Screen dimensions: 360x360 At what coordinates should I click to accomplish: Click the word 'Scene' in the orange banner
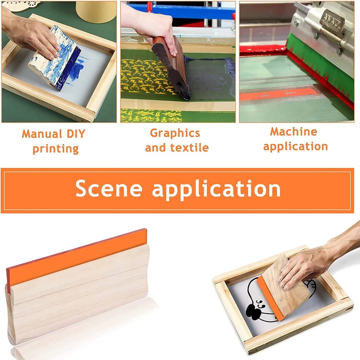click(109, 188)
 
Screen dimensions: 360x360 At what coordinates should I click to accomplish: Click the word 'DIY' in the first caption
click(76, 134)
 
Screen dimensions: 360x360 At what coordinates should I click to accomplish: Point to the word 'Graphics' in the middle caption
click(175, 134)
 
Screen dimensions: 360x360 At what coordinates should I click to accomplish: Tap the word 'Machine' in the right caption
click(294, 132)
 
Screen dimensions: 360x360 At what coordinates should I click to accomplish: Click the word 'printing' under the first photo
click(55, 149)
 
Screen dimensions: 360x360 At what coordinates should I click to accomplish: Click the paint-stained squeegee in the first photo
click(54, 58)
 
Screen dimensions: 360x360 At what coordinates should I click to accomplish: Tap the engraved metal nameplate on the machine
click(332, 21)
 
